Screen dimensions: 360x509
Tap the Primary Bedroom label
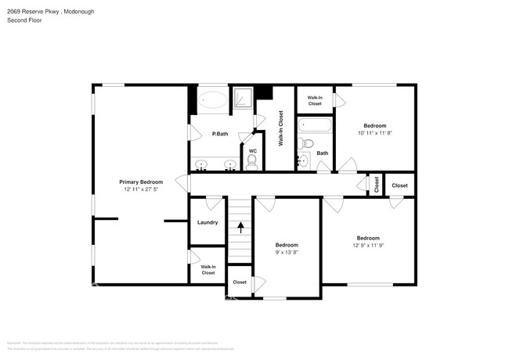pos(141,182)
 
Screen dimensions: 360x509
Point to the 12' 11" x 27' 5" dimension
pos(141,189)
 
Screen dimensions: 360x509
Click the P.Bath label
pos(220,134)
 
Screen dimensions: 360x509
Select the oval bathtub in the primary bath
pos(212,99)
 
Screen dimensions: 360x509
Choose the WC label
pos(252,151)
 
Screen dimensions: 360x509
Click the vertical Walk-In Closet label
pos(280,129)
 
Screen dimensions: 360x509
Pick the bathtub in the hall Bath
pos(316,125)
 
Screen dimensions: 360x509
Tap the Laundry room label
pos(208,222)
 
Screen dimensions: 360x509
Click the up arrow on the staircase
pos(241,228)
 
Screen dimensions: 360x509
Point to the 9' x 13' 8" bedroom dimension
pos(287,252)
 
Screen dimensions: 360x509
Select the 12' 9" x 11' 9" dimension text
pos(368,246)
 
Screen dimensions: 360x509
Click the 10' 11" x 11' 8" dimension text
pos(374,133)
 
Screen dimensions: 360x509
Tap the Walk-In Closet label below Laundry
pos(208,269)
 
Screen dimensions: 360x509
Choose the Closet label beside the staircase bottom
pos(240,282)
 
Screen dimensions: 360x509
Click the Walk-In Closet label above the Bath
pos(315,100)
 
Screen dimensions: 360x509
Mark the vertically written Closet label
pos(377,185)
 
